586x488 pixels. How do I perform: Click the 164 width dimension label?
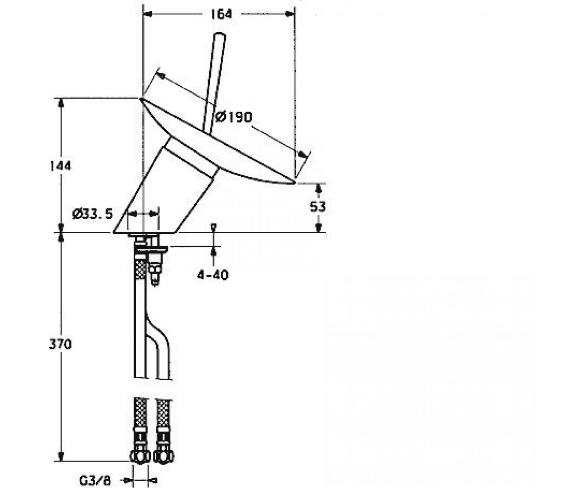tap(221, 14)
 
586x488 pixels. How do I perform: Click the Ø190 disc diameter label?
tap(234, 117)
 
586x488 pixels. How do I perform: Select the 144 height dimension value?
tap(61, 166)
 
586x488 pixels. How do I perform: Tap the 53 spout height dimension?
tap(318, 207)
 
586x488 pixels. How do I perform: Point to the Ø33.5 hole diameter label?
tap(92, 214)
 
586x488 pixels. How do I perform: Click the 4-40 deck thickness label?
tap(213, 275)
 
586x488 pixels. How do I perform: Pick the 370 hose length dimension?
tap(60, 344)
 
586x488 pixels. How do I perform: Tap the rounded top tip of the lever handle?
tap(219, 35)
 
